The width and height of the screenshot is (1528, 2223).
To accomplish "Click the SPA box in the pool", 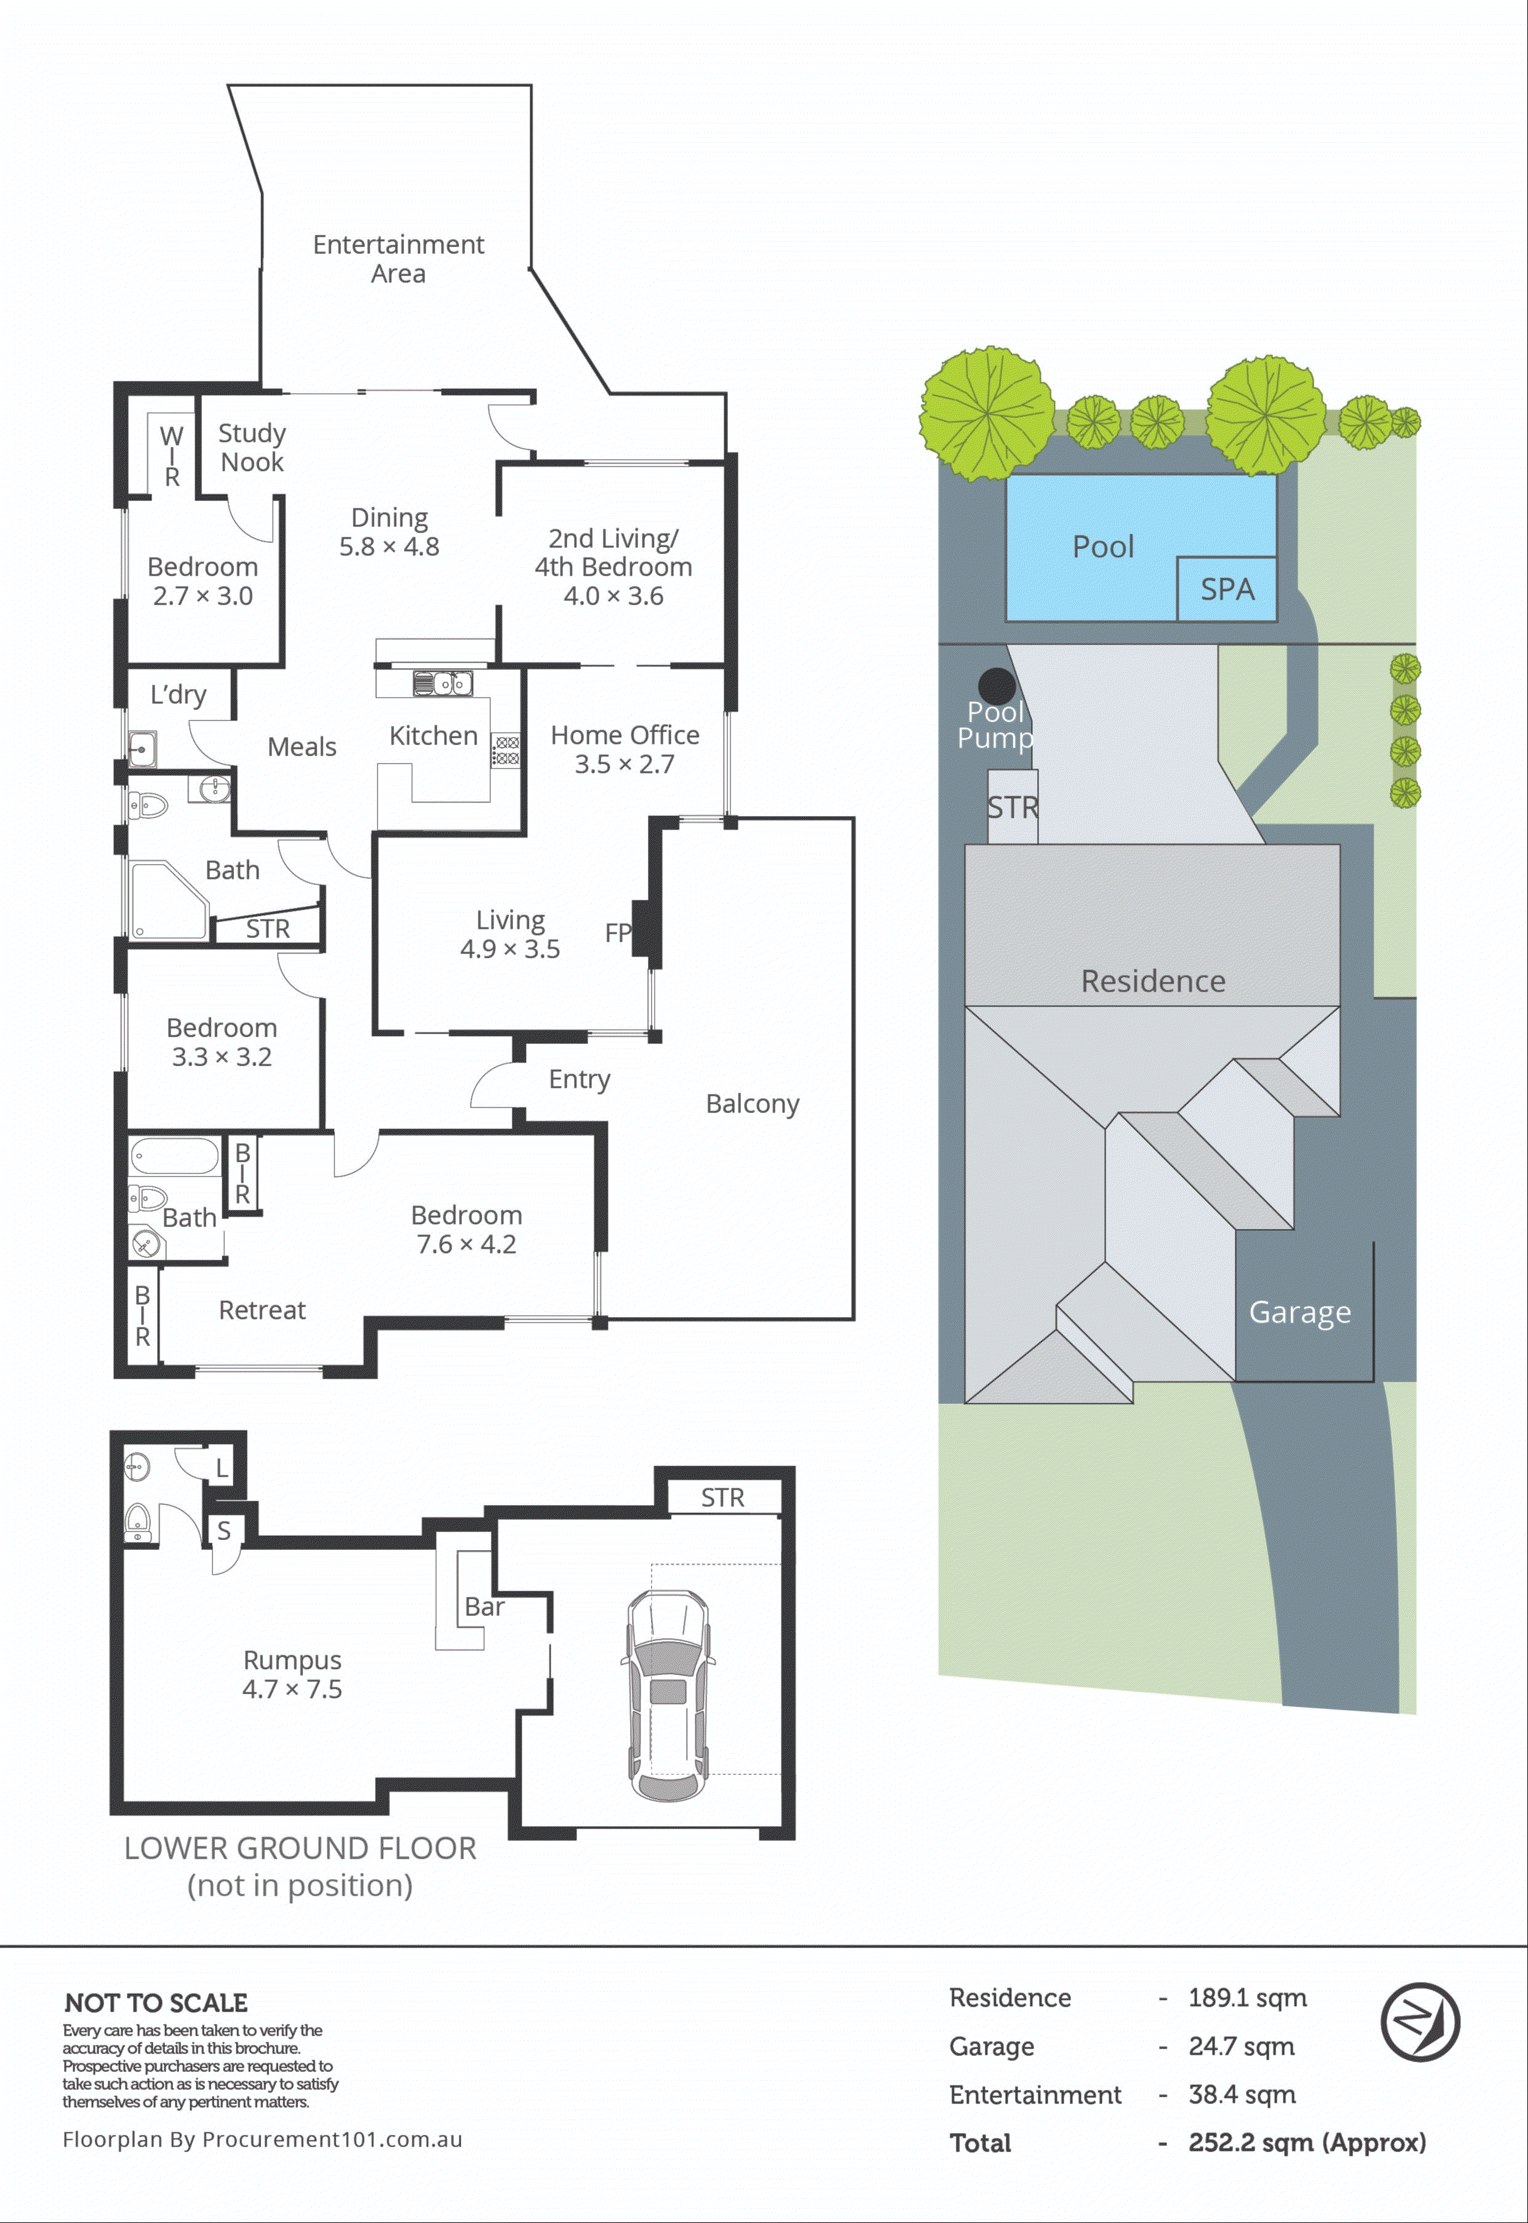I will pos(1226,588).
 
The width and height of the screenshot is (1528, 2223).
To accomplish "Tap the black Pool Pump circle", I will pos(996,686).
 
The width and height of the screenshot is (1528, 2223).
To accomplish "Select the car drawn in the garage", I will pos(668,1694).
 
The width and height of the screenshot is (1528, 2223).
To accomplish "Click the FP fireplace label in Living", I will pos(618,932).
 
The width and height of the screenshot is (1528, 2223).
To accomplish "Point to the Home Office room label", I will pos(625,735).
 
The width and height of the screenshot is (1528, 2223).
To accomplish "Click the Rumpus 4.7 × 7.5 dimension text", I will pos(292,1689).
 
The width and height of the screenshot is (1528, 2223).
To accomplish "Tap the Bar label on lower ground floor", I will pos(485,1606).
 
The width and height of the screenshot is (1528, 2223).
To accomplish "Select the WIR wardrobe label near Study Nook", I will pos(171,456).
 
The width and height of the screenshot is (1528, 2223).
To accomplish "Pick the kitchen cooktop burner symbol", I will pos(506,750).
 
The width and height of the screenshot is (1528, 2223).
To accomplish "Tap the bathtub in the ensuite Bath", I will pos(174,1155).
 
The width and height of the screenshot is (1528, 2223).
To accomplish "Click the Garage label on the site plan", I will pos(1299,1311).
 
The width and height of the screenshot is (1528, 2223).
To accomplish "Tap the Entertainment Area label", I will pos(398,259).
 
